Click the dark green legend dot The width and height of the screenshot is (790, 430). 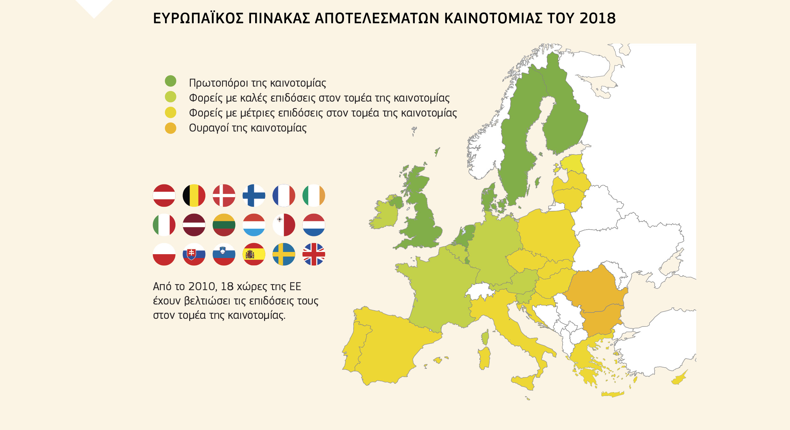click(x=170, y=81)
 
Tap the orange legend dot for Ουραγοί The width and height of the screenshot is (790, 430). click(x=170, y=128)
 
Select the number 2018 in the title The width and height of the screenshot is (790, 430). click(x=598, y=18)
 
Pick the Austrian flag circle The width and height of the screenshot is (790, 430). click(x=164, y=195)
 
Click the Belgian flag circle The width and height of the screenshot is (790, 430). click(x=194, y=195)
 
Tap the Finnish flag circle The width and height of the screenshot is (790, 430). click(x=254, y=195)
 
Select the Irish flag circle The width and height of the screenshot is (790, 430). click(x=314, y=195)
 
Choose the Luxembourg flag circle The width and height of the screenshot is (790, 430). click(x=254, y=225)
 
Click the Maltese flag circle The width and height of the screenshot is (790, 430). click(x=284, y=225)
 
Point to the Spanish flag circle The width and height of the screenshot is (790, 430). click(x=254, y=254)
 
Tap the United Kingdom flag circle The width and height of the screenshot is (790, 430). click(x=314, y=254)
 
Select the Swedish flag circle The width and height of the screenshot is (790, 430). click(x=284, y=254)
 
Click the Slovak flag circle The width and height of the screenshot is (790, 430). click(x=194, y=254)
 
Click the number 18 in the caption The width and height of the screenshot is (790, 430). click(x=227, y=286)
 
